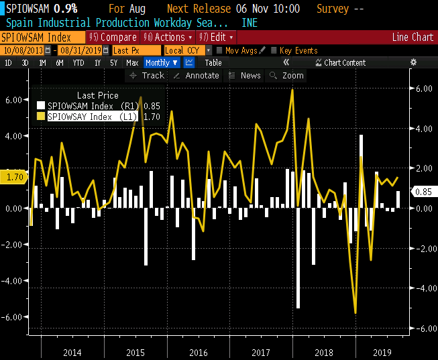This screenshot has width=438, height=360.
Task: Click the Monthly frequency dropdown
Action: (x=162, y=62)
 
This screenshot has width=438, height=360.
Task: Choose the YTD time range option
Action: (x=78, y=62)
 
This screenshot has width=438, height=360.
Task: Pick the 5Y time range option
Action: (x=115, y=62)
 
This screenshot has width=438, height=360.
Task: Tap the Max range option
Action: (x=132, y=62)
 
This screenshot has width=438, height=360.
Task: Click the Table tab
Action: (x=213, y=62)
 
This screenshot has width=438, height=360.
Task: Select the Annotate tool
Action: (x=197, y=76)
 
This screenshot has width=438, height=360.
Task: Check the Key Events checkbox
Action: (x=275, y=50)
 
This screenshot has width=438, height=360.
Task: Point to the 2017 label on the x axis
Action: (x=261, y=352)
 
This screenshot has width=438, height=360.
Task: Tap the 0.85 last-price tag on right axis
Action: (x=423, y=191)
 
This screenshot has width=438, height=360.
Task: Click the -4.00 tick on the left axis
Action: (x=14, y=280)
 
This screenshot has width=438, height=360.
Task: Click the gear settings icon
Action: (x=413, y=62)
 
